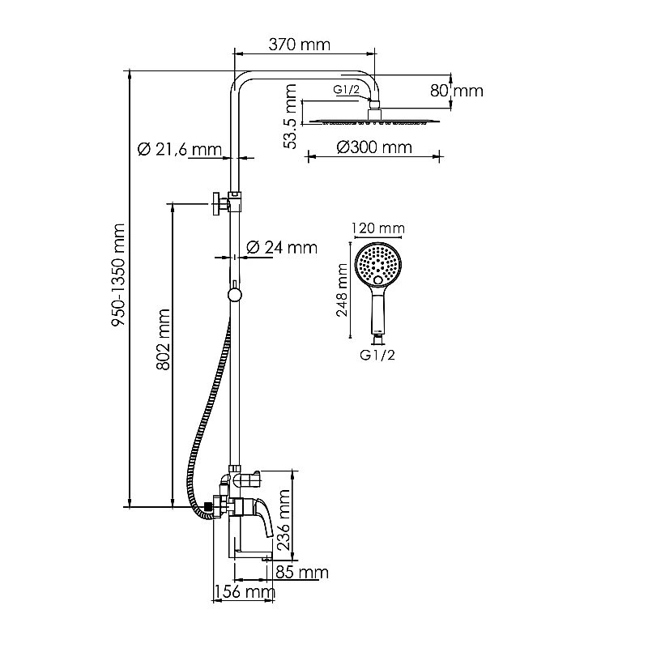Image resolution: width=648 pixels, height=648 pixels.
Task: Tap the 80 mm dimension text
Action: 456,91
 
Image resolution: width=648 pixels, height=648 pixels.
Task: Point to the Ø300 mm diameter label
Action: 373,147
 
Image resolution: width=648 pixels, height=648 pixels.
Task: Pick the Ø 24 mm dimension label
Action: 280,247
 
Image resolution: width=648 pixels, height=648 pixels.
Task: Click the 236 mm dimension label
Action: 283,520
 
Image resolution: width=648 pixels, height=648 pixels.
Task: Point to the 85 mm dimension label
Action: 301,573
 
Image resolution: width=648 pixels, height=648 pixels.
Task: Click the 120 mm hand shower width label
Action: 378,228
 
